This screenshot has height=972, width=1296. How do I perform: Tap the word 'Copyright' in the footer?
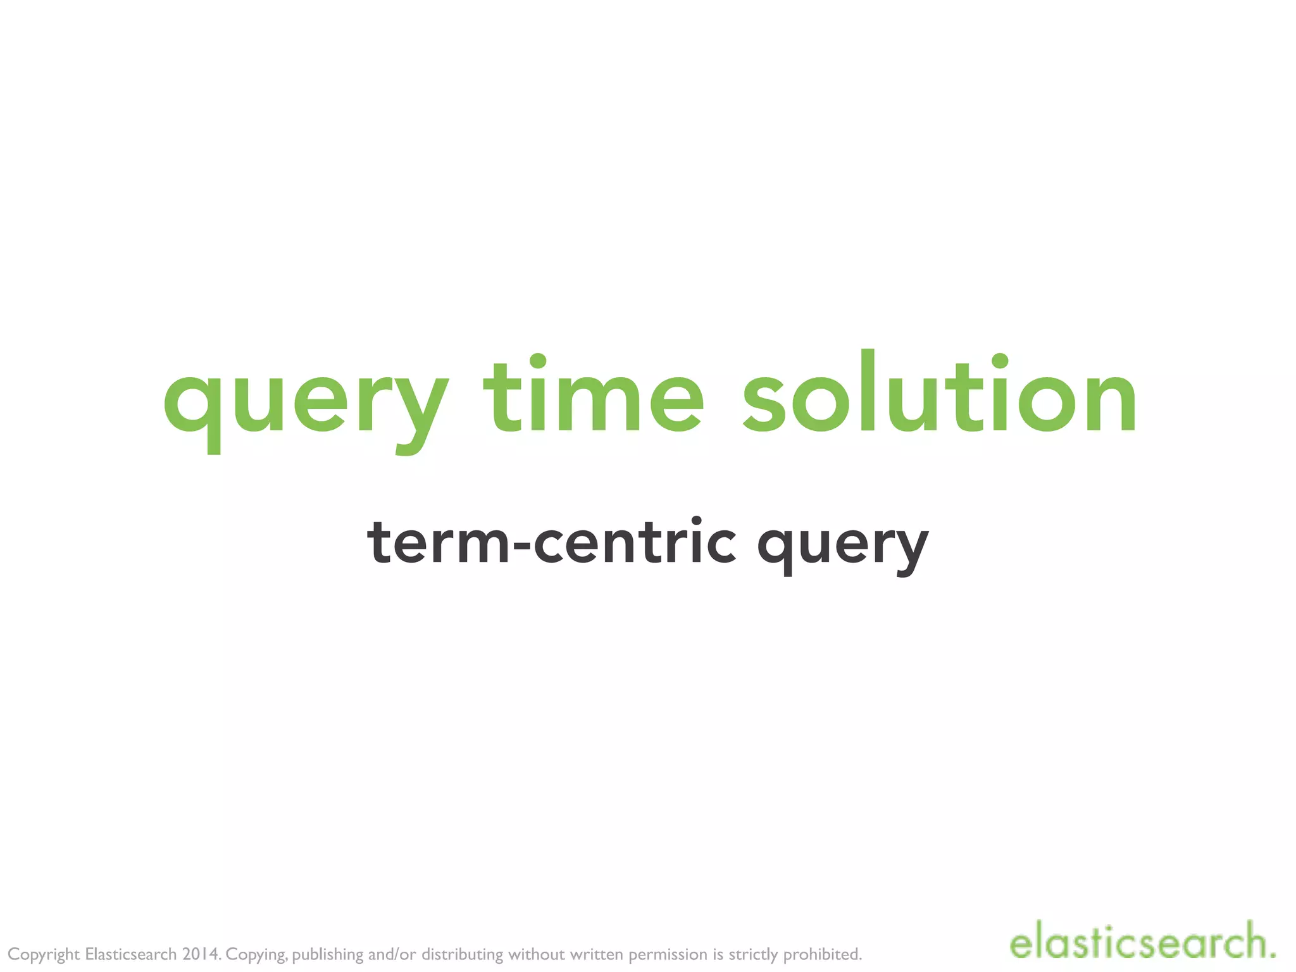tap(44, 954)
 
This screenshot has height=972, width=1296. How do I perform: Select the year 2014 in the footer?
tap(201, 954)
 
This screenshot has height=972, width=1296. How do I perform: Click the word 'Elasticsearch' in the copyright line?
tap(131, 954)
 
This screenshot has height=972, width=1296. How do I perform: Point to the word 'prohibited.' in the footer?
tap(823, 954)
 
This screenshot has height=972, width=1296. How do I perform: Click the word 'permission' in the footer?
tap(668, 954)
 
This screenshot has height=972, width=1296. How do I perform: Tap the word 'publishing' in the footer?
tap(328, 954)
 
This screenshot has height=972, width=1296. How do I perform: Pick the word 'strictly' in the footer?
tap(753, 954)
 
